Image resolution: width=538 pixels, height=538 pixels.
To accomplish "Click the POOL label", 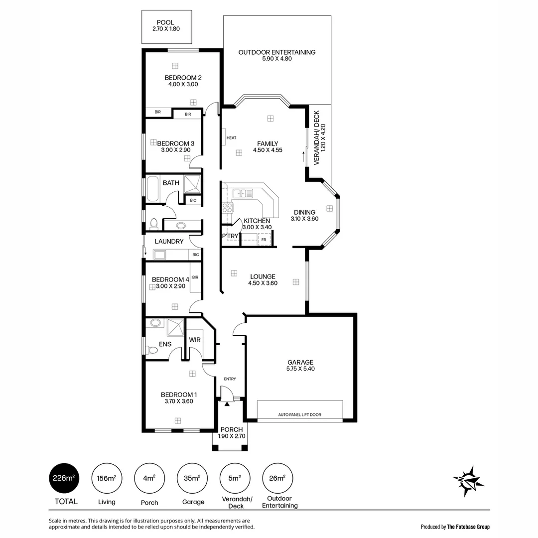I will pos(165,22).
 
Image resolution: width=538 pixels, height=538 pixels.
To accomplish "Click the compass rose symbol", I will pos(468,482).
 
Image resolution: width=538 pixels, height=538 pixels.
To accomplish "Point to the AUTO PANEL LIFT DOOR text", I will pos(299,414).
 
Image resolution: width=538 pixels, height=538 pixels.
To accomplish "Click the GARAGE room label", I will pos(300,362).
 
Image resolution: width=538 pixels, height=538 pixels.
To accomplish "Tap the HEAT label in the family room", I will pos(231,138).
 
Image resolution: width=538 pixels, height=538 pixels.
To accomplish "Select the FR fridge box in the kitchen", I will pos(263,240).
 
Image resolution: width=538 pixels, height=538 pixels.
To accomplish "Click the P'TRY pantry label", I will pos(230,236).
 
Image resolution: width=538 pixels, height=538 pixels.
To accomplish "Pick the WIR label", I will pos(194,340).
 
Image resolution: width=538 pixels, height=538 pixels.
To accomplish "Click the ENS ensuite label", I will pos(165,344).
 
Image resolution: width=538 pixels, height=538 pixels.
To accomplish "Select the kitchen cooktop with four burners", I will pos(228,208).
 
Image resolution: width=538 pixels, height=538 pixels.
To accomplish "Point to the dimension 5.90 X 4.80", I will pos(276,59).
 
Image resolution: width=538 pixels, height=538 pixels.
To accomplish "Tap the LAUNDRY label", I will pos(169,241).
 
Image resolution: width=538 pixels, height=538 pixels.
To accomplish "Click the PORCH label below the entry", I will pos(231,429).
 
